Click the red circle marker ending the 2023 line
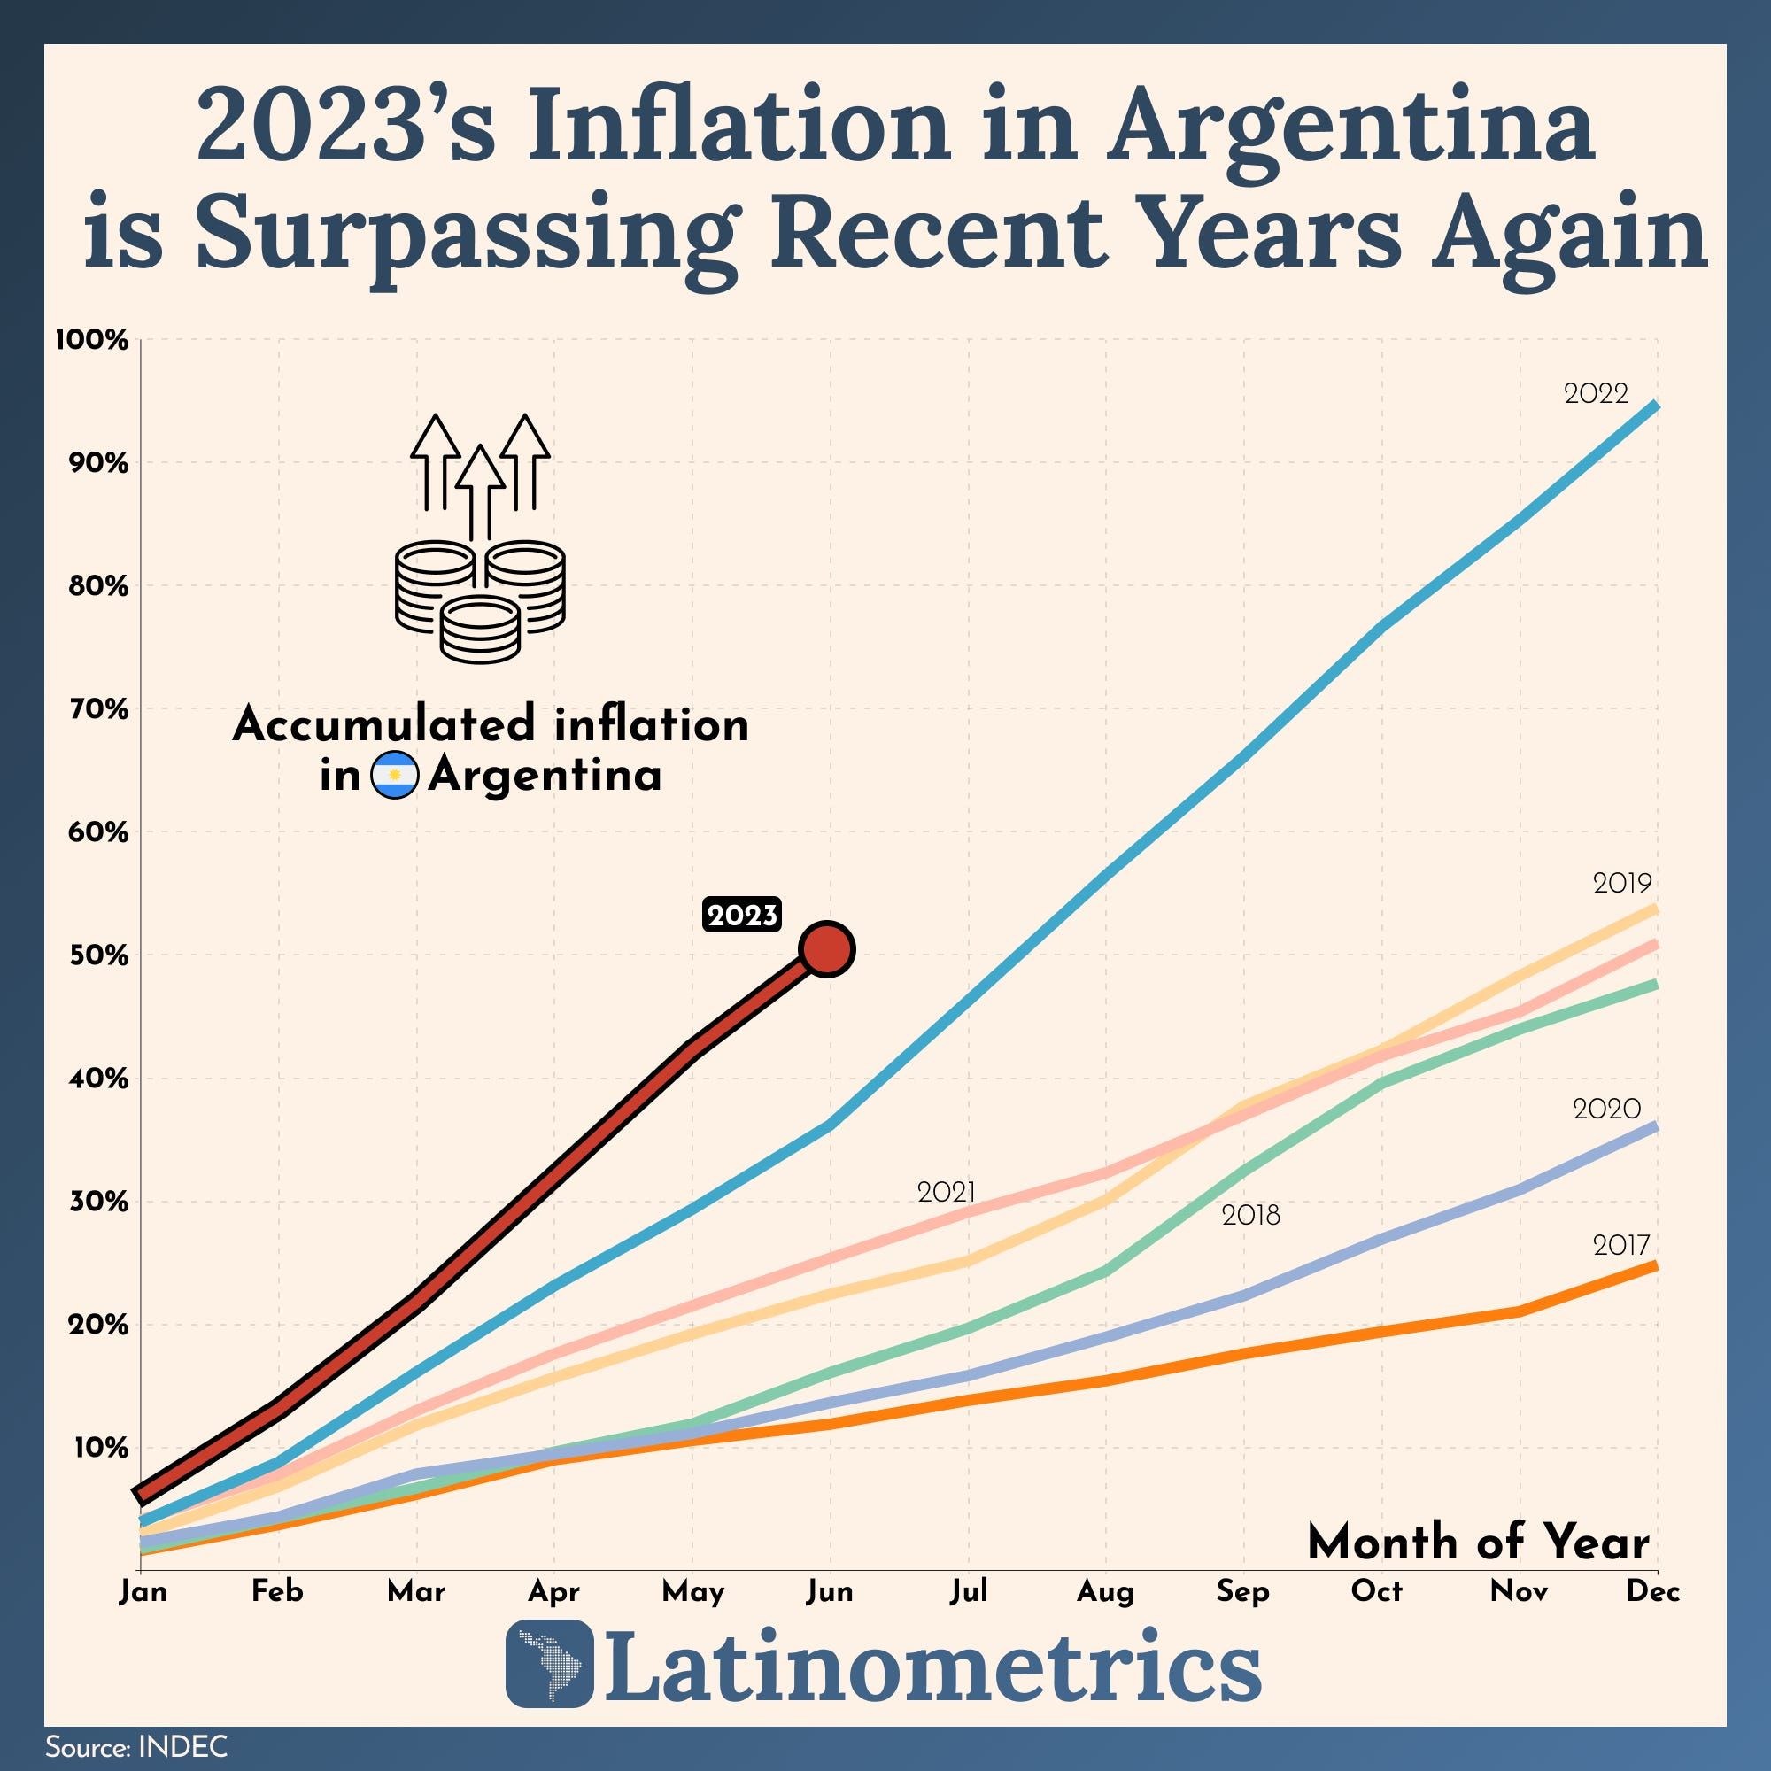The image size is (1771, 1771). click(827, 949)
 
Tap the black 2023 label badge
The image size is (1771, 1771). click(741, 915)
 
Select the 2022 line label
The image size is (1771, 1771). click(1596, 393)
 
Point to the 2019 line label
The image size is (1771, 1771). click(1621, 883)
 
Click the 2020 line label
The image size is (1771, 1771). click(1606, 1110)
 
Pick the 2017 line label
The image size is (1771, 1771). click(1620, 1245)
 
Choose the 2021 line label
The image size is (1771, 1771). click(946, 1192)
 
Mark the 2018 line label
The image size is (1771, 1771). click(1250, 1216)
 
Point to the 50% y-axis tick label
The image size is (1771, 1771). click(98, 955)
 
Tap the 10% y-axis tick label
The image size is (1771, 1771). click(101, 1449)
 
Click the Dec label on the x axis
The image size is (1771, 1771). click(1652, 1591)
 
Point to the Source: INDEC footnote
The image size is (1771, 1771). click(136, 1746)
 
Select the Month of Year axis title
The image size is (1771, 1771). click(1478, 1542)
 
